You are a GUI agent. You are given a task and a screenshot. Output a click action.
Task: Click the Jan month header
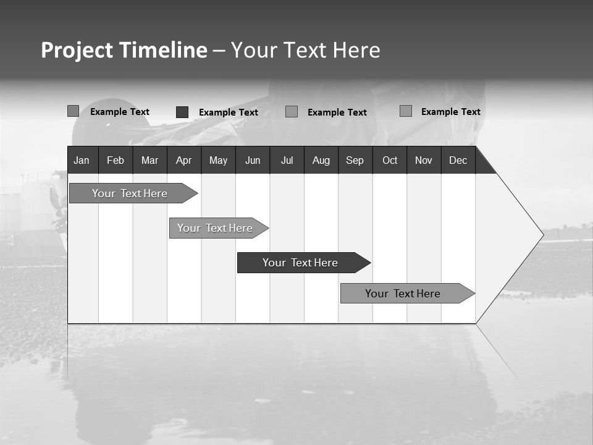click(x=82, y=161)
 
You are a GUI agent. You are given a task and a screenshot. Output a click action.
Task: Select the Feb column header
click(x=116, y=161)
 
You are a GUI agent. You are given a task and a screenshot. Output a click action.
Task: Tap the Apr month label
click(x=183, y=161)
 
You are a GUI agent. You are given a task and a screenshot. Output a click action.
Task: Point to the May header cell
click(x=218, y=161)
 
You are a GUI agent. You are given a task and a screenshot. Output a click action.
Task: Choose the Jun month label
click(x=253, y=161)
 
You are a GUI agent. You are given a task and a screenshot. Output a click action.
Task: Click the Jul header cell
click(x=287, y=161)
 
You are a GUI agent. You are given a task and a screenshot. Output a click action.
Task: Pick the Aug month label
click(x=321, y=161)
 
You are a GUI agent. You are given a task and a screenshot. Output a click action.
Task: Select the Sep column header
click(x=355, y=161)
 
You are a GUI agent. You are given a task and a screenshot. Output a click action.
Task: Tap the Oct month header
click(x=390, y=161)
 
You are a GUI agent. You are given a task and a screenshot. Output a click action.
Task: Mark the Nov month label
click(x=424, y=161)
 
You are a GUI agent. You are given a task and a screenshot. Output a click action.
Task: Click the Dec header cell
click(x=458, y=161)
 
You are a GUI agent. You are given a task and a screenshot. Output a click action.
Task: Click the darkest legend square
click(x=182, y=112)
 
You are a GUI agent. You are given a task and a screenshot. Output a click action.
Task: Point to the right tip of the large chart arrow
click(x=542, y=234)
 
